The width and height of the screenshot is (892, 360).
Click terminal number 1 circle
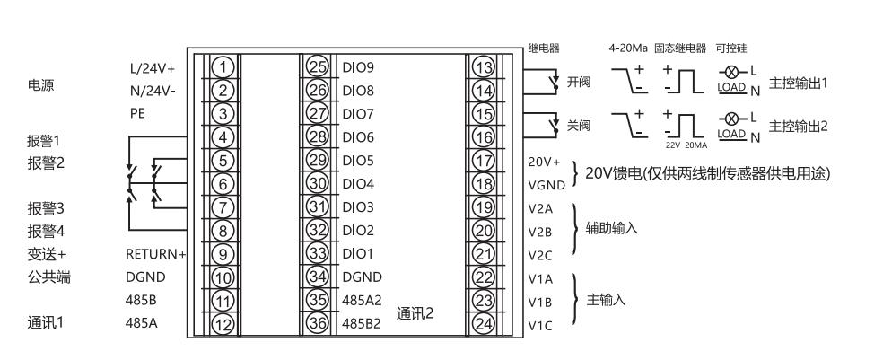[225, 66]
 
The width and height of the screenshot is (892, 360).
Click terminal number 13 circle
[484, 66]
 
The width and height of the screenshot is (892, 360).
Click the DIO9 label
[359, 66]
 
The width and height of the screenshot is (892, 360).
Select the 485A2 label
[363, 300]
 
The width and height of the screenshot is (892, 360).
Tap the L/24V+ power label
[153, 67]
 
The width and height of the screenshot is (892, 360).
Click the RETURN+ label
[155, 254]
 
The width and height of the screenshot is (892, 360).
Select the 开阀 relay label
[579, 82]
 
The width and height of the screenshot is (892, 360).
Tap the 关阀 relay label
[579, 125]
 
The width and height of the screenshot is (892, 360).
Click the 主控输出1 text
[798, 82]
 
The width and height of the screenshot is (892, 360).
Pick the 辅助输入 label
[612, 229]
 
